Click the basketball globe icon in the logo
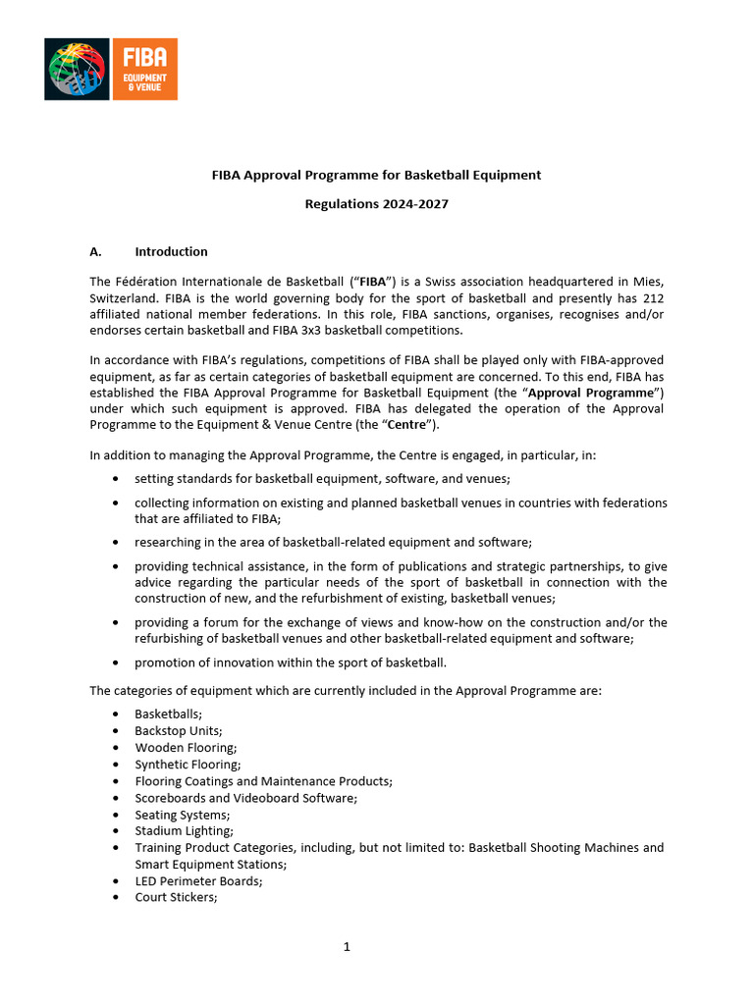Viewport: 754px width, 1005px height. (78, 69)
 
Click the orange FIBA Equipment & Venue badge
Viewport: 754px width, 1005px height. (143, 69)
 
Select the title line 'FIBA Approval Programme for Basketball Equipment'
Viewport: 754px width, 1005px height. (376, 175)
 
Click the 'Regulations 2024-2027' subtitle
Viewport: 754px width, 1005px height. (376, 204)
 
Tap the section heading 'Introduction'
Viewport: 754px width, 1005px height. (171, 251)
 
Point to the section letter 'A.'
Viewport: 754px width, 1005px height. (97, 251)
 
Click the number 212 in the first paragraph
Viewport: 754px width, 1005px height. (653, 297)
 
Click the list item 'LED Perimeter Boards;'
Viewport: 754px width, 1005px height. (198, 881)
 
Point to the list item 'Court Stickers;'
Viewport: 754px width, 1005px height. (176, 897)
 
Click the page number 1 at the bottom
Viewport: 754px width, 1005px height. (347, 947)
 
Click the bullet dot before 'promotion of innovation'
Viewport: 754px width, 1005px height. (118, 662)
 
